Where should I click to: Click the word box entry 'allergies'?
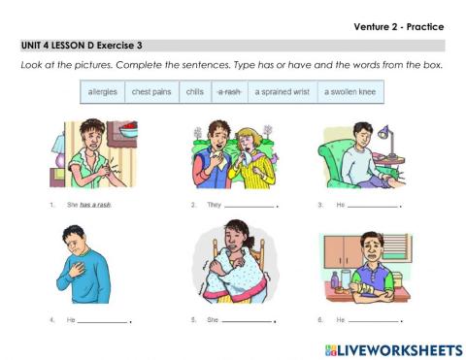pyautogui.click(x=103, y=91)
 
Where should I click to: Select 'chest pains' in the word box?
pyautogui.click(x=150, y=91)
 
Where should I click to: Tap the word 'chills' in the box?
pyautogui.click(x=194, y=91)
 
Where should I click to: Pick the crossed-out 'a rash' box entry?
pyautogui.click(x=229, y=91)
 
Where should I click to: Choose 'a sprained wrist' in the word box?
pyautogui.click(x=283, y=91)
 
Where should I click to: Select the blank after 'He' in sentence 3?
pyautogui.click(x=373, y=207)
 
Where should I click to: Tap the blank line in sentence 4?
pyautogui.click(x=102, y=320)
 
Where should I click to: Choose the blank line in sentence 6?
pyautogui.click(x=373, y=320)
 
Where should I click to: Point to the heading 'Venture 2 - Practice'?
pyautogui.click(x=399, y=26)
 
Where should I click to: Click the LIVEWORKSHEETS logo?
pyautogui.click(x=393, y=347)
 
